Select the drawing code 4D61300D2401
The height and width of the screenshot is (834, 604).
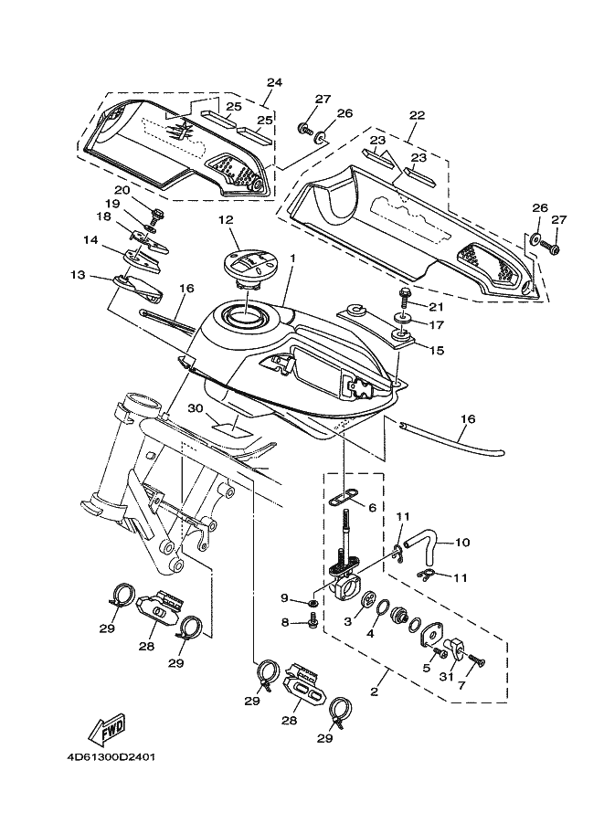pos(111,757)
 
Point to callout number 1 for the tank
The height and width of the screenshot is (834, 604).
pos(291,257)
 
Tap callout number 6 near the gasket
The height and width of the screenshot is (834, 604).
pos(372,507)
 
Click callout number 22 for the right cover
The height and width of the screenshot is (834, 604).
pos(418,115)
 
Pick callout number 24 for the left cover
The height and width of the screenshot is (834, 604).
pos(275,82)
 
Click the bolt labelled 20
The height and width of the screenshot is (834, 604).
pos(156,215)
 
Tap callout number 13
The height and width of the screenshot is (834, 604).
pos(78,274)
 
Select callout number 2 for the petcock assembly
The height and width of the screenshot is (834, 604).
pos(374,692)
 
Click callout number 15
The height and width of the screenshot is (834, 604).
pos(438,350)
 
